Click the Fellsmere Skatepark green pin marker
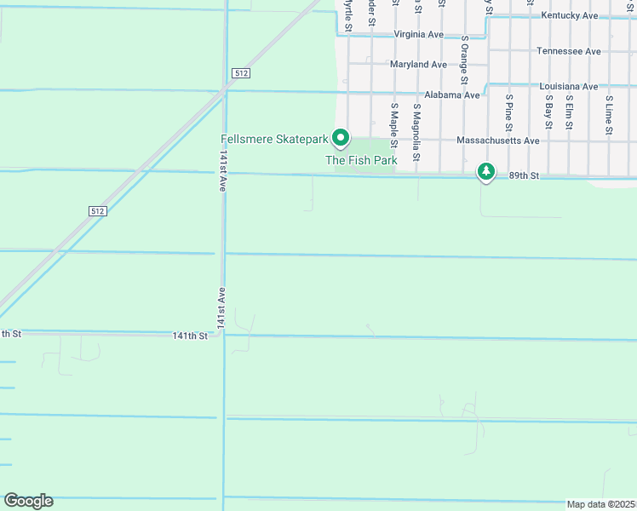pyautogui.click(x=341, y=137)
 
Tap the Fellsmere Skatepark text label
pyautogui.click(x=274, y=139)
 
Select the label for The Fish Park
pyautogui.click(x=361, y=160)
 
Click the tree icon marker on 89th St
pyautogui.click(x=486, y=172)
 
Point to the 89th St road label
pyautogui.click(x=525, y=175)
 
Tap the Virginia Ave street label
pyautogui.click(x=418, y=35)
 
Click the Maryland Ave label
pyautogui.click(x=418, y=65)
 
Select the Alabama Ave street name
pyautogui.click(x=454, y=95)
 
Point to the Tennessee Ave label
pyautogui.click(x=569, y=51)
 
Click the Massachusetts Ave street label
pyautogui.click(x=498, y=141)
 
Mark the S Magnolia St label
pyautogui.click(x=416, y=132)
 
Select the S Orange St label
pyautogui.click(x=465, y=60)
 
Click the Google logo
pyautogui.click(x=28, y=501)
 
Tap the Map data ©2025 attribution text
pyautogui.click(x=600, y=504)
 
